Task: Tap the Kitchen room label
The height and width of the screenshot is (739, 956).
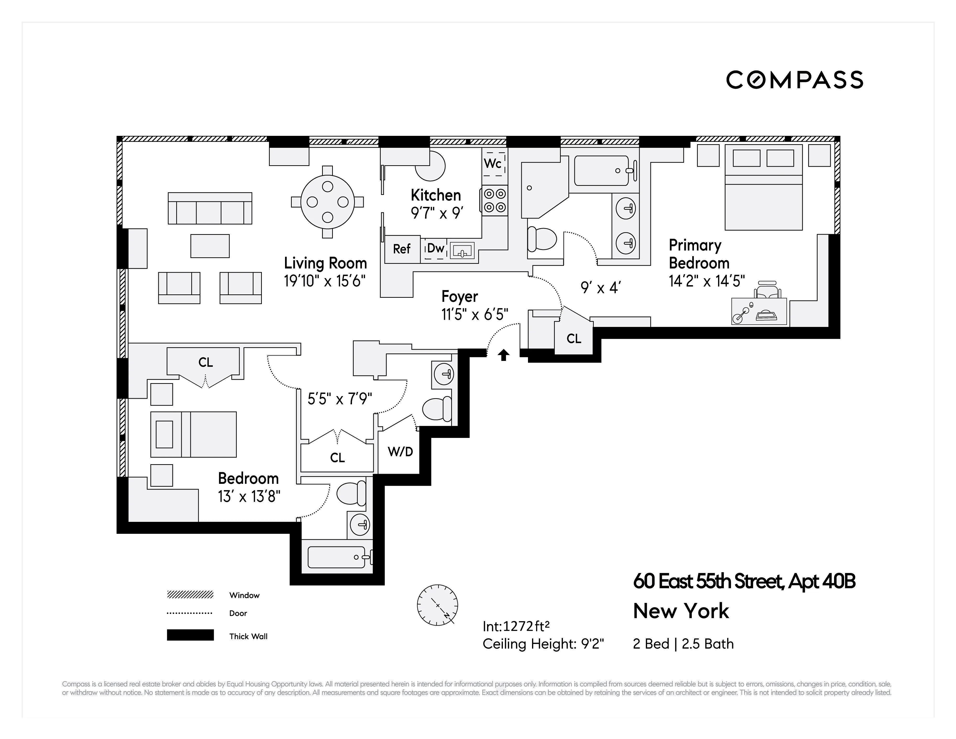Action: [x=435, y=195]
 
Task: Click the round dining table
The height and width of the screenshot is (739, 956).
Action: [x=327, y=202]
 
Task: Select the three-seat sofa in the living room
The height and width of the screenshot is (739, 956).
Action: [x=210, y=208]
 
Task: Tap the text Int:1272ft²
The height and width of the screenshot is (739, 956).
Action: [x=516, y=627]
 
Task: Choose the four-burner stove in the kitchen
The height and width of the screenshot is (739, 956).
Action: [x=495, y=200]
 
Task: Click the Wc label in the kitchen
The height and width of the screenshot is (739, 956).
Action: [x=492, y=164]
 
